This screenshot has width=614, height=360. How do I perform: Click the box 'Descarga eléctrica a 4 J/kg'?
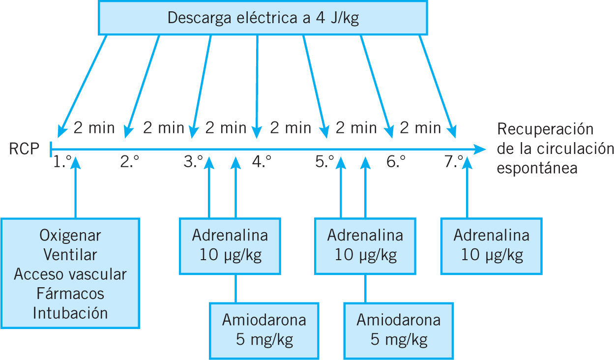pyautogui.click(x=263, y=18)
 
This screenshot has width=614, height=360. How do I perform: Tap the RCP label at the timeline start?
pyautogui.click(x=24, y=149)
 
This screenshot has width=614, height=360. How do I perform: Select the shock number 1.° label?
pyautogui.click(x=62, y=162)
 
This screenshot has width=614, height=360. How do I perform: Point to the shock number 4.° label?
pyautogui.click(x=262, y=162)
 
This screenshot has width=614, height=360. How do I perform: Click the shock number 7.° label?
pyautogui.click(x=454, y=162)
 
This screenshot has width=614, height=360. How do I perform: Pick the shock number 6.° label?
pyautogui.click(x=396, y=162)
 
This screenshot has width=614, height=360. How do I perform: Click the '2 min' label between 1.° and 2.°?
pyautogui.click(x=94, y=128)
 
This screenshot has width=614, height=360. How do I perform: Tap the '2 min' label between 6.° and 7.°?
pyautogui.click(x=420, y=128)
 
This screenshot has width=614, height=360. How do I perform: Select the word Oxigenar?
pyautogui.click(x=70, y=236)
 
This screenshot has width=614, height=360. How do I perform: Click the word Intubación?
pyautogui.click(x=70, y=313)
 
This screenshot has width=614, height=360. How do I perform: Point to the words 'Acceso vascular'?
pyautogui.click(x=70, y=274)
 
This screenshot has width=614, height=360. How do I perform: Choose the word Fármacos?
pyautogui.click(x=70, y=294)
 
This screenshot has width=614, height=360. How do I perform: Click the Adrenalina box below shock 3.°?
pyautogui.click(x=230, y=245)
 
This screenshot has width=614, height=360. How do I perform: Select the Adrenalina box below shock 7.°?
pyautogui.click(x=491, y=245)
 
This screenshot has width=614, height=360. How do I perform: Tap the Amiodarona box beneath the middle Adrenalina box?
pyautogui.click(x=398, y=330)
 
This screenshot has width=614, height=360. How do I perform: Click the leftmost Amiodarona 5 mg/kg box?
pyautogui.click(x=264, y=330)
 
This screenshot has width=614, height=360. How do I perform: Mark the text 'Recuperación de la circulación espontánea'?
pyautogui.click(x=555, y=149)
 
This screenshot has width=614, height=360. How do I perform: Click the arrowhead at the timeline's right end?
pyautogui.click(x=480, y=149)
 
